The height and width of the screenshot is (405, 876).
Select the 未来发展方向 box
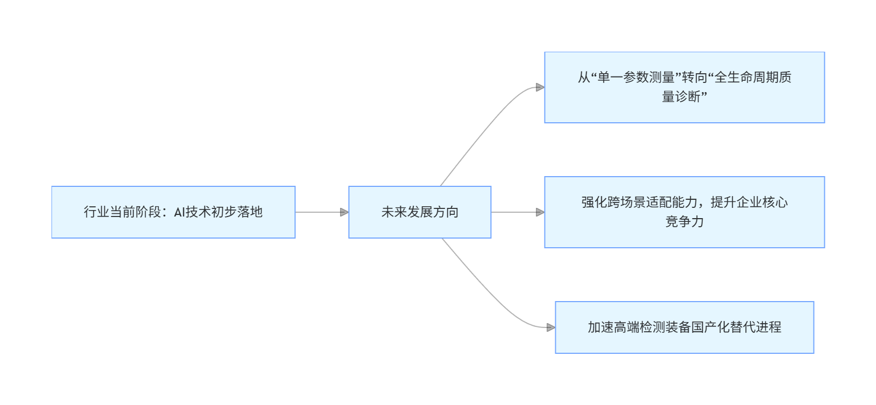(x=420, y=212)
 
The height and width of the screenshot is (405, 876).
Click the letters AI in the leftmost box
(x=180, y=212)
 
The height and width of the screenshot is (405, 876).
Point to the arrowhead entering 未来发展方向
(x=344, y=212)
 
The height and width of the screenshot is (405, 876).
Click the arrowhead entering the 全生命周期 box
(x=540, y=87)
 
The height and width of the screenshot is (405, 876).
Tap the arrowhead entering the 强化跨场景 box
(x=540, y=212)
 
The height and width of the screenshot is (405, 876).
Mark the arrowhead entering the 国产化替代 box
(x=551, y=327)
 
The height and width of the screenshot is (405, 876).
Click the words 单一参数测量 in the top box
(x=636, y=78)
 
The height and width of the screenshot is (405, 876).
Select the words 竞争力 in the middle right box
(x=684, y=222)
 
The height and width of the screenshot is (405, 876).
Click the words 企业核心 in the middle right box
(x=762, y=202)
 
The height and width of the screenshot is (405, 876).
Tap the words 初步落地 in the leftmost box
(x=237, y=212)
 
